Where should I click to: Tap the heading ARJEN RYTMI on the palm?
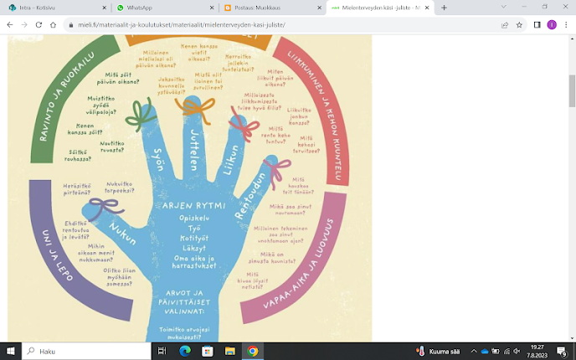click(194, 204)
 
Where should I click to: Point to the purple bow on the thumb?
click(103, 210)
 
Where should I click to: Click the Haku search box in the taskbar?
click(84, 352)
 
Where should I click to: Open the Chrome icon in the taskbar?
click(252, 352)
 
